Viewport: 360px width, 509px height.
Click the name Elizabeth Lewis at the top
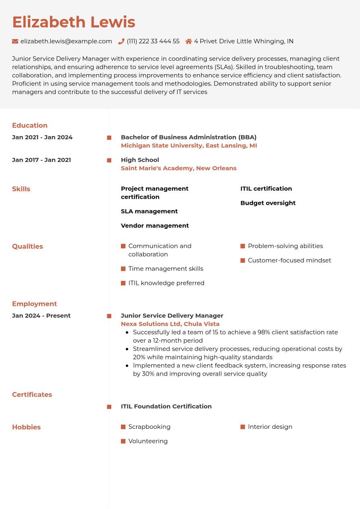[x=73, y=22]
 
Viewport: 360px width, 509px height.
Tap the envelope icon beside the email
[x=15, y=41]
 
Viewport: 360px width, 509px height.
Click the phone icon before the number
[x=121, y=41]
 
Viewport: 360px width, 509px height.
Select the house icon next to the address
[x=188, y=41]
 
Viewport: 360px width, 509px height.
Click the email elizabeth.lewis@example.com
[x=66, y=41]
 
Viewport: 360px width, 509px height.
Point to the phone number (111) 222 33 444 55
[x=153, y=41]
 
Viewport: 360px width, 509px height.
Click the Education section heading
[x=30, y=125]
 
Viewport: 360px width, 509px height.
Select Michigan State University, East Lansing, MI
[x=189, y=145]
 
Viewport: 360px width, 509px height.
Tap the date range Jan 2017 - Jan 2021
[x=42, y=160]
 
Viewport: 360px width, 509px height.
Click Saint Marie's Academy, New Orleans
[x=179, y=168]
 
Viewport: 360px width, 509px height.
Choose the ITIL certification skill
[x=266, y=189]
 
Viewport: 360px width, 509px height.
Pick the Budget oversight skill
[x=268, y=203]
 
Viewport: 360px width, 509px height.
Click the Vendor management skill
[x=155, y=226]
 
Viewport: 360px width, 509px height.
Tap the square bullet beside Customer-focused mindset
[x=243, y=261]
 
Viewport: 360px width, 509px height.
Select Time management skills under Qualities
[x=166, y=269]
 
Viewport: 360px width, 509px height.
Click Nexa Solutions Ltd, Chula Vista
[x=170, y=324]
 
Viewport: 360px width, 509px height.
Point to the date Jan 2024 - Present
[x=42, y=316]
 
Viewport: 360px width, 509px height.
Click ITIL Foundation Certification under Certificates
[x=166, y=407]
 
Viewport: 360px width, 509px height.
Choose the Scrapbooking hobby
[x=149, y=427]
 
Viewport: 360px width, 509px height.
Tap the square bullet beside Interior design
[x=243, y=427]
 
